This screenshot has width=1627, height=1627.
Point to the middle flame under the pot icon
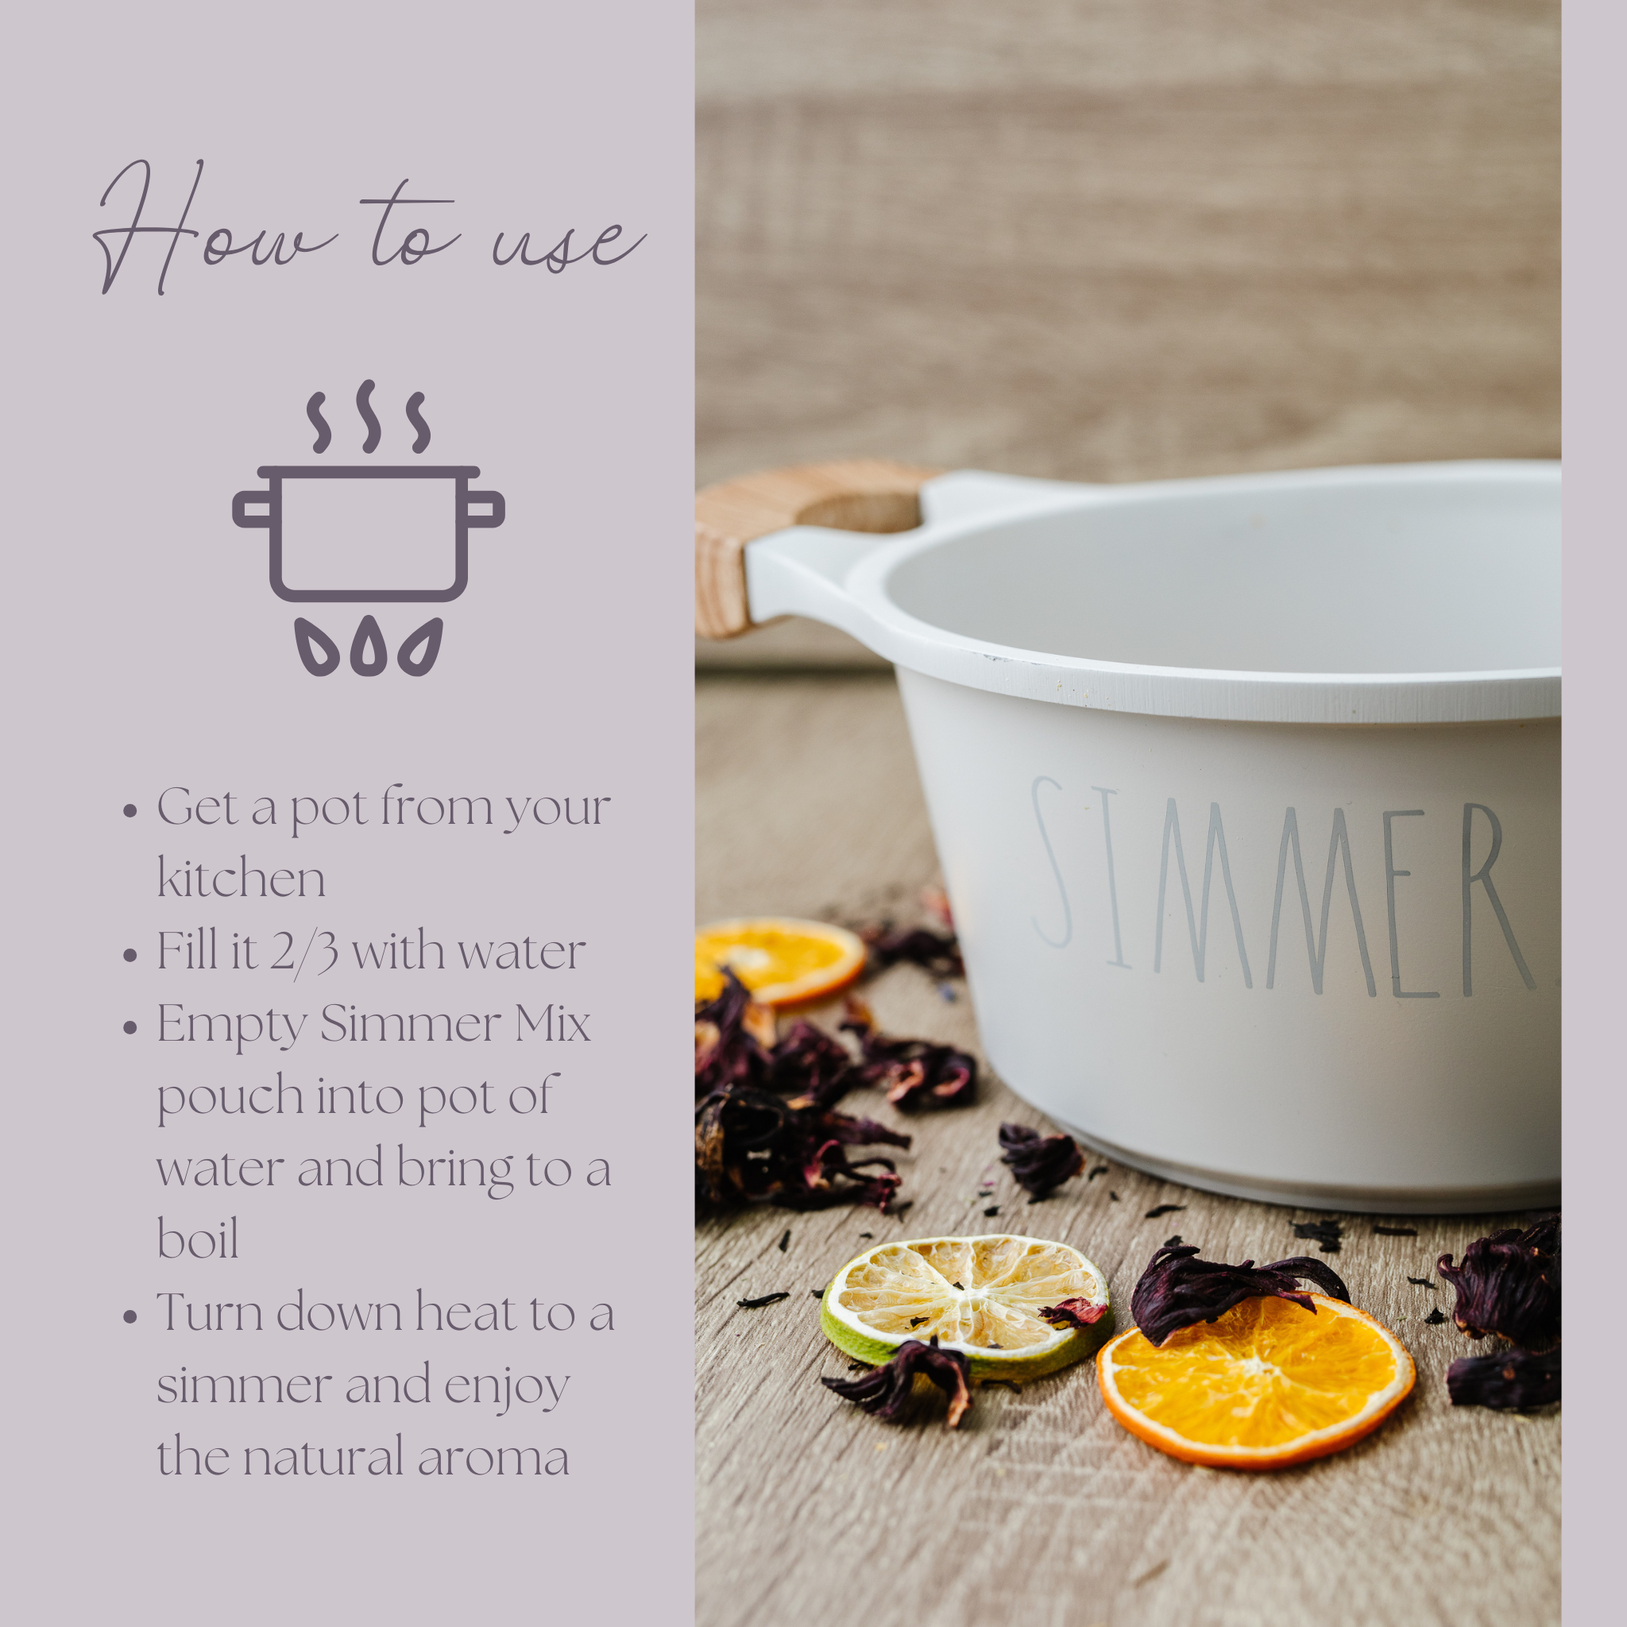[368, 647]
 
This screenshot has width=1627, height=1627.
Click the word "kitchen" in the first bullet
[241, 879]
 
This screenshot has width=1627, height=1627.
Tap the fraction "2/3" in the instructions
[304, 953]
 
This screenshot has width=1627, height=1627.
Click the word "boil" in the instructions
[198, 1239]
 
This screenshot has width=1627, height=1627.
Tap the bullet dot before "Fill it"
[129, 956]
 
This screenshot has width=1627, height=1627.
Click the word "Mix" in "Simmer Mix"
[552, 1025]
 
